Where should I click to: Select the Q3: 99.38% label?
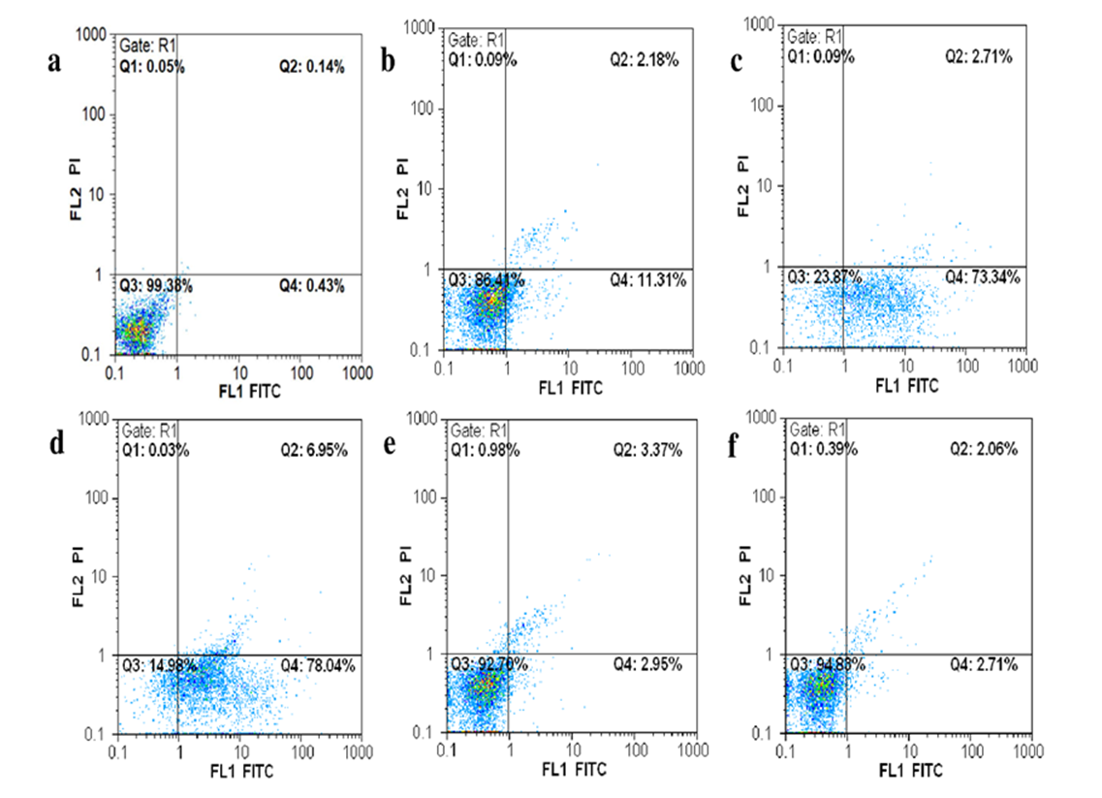click(155, 286)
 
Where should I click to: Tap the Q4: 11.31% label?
click(648, 281)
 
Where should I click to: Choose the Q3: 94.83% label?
click(824, 666)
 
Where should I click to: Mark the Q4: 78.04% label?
click(313, 666)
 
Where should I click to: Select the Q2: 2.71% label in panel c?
click(979, 57)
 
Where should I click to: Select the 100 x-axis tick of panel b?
click(632, 368)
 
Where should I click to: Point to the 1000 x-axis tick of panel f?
click(1030, 751)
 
